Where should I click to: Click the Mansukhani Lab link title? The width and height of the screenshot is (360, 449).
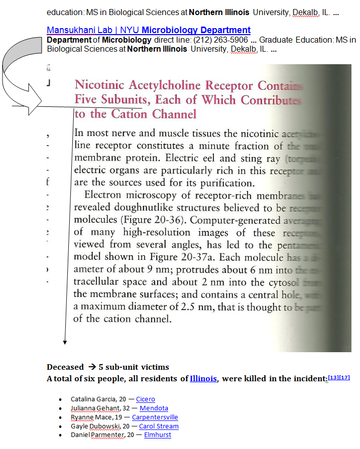point(148,30)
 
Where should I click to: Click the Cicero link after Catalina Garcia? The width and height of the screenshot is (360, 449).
point(145,399)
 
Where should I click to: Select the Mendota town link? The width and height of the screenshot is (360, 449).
point(154,408)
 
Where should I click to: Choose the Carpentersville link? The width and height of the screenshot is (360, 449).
point(155,417)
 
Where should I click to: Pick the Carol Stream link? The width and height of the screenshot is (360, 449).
point(159,426)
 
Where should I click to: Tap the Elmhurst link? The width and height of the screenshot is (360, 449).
point(157,435)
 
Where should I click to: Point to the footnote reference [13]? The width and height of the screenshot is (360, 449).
point(333,377)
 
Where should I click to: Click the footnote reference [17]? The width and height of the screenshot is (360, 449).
point(344,377)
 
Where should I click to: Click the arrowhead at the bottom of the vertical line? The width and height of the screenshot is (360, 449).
point(65,342)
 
